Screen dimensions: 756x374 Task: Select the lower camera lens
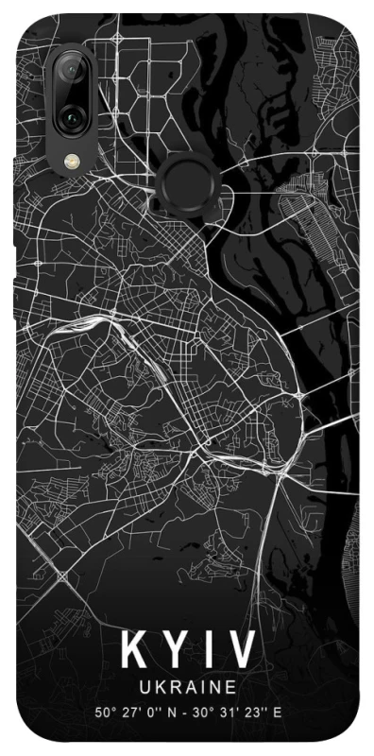tap(72, 117)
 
